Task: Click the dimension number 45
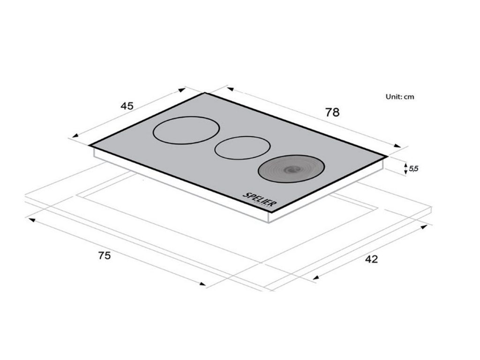click(x=127, y=106)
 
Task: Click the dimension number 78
click(x=332, y=112)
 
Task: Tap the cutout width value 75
click(x=105, y=255)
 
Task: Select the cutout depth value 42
click(x=371, y=259)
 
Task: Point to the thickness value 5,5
click(x=413, y=168)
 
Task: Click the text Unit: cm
click(x=400, y=97)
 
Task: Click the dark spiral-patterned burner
click(x=291, y=168)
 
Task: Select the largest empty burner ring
click(x=186, y=117)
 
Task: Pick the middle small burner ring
click(x=242, y=136)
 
